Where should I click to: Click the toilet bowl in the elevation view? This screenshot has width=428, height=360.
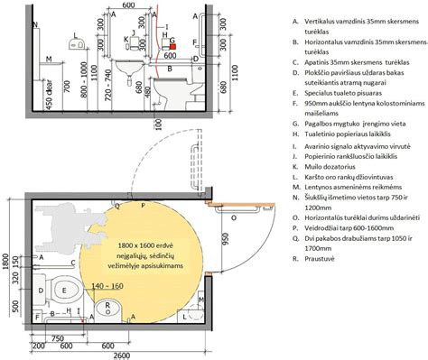tap(167, 89)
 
